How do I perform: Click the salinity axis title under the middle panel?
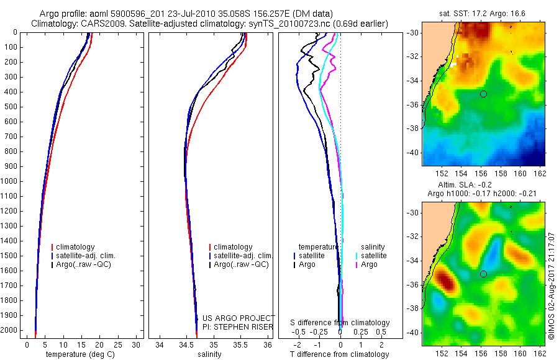(x=210, y=354)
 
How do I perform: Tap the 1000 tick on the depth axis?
(x=11, y=181)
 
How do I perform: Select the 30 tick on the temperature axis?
(x=137, y=344)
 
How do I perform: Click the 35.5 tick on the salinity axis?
(x=240, y=344)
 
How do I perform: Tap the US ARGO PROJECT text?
(x=239, y=318)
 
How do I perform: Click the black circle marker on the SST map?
(x=483, y=94)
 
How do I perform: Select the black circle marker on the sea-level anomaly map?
(x=483, y=274)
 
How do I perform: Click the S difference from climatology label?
(x=340, y=323)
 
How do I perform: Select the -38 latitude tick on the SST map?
(x=414, y=128)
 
